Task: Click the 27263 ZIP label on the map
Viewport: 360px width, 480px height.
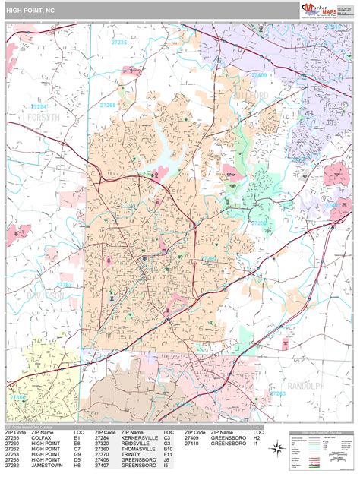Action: pos(278,393)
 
